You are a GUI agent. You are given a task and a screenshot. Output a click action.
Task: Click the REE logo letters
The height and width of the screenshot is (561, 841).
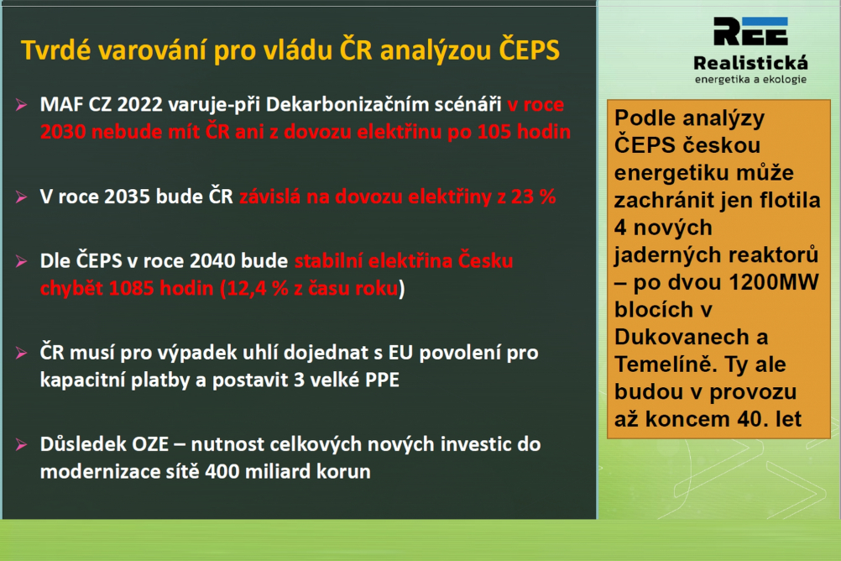coord(750,31)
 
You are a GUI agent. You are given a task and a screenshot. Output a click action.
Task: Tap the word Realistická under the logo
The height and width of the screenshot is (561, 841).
coord(750,63)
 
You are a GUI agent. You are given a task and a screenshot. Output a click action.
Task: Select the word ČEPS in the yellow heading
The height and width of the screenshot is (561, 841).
coord(530,50)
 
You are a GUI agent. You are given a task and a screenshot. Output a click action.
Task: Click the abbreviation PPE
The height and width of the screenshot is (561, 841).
coord(382,380)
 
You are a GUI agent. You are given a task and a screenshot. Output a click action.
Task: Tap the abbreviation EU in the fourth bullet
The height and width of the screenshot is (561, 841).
coord(400,353)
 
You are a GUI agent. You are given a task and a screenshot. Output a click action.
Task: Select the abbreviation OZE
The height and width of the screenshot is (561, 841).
coord(150,444)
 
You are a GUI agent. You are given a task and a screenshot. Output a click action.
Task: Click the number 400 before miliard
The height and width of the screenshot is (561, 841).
coord(222,472)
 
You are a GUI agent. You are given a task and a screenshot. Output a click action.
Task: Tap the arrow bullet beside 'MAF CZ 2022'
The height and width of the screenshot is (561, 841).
coord(22,105)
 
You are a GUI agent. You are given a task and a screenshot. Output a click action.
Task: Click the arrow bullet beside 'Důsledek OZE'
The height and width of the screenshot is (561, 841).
coord(22,444)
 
